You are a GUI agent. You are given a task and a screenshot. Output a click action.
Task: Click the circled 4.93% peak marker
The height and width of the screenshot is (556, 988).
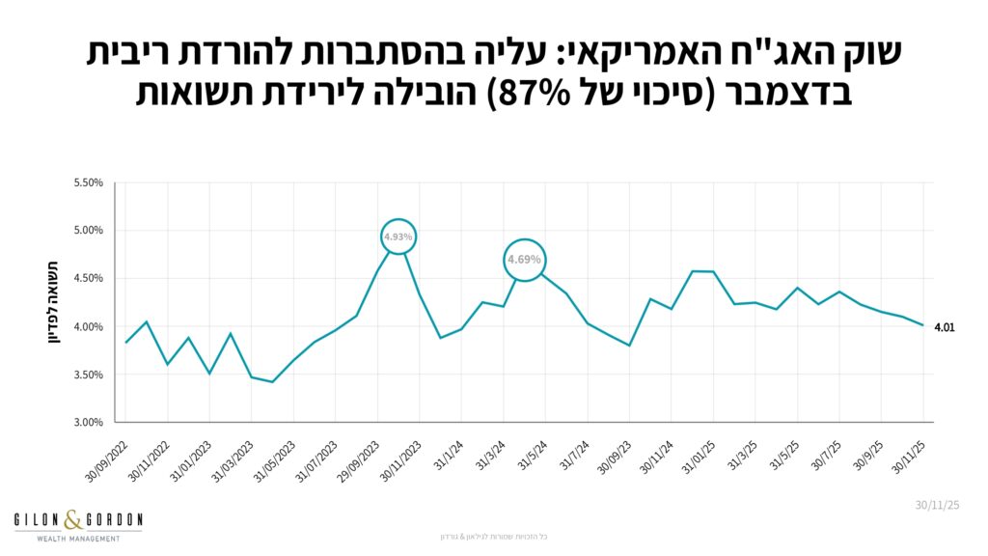tap(398, 236)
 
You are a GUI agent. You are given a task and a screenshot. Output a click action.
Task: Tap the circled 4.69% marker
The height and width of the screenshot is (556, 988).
tap(525, 260)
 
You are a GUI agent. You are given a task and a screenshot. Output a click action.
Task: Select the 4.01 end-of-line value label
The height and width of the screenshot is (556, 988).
tap(945, 327)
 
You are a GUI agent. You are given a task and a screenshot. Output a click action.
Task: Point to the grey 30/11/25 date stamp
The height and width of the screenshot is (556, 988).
tap(936, 504)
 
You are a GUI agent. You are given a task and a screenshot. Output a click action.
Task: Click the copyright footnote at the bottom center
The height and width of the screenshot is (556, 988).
tap(493, 536)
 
